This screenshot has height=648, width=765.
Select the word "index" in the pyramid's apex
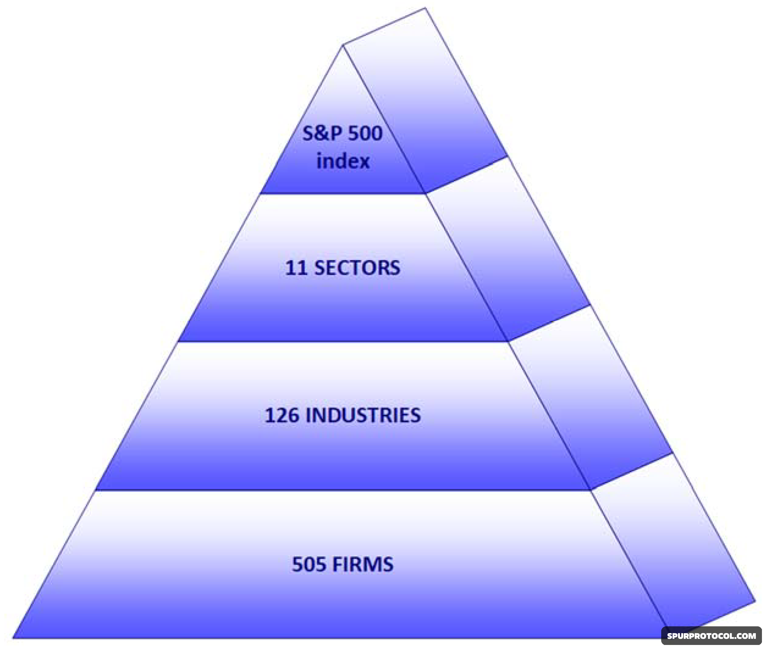click(x=343, y=161)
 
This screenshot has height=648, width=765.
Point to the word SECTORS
click(x=357, y=268)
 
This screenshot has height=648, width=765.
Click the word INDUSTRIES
click(x=363, y=416)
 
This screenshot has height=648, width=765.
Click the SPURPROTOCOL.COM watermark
click(x=711, y=635)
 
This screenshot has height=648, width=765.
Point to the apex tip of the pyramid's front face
click(x=343, y=46)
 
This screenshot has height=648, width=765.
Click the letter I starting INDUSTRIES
click(x=308, y=416)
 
